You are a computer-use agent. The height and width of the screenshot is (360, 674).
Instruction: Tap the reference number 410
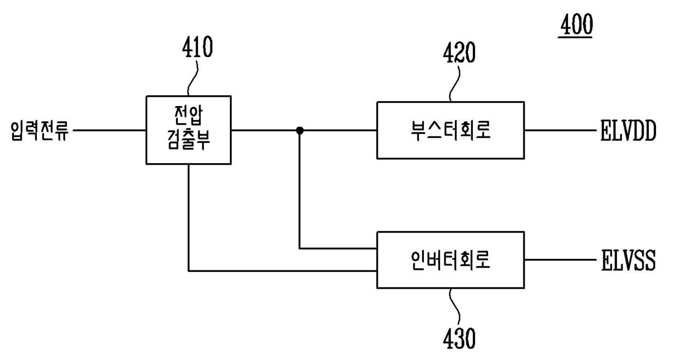point(197,48)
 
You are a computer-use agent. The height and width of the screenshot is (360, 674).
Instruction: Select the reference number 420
point(459,53)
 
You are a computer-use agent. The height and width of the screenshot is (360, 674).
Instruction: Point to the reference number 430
point(459,339)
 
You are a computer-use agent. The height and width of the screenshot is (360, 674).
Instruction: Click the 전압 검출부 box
point(189,130)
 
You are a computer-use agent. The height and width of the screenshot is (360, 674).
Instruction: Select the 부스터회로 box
point(451,130)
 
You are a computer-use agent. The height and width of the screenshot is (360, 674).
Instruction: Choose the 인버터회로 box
point(451,259)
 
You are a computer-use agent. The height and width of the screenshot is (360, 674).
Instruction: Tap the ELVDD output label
point(628,131)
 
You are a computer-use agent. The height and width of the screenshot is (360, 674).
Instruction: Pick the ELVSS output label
point(628,260)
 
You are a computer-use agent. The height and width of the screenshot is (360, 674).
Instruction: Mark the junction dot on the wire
point(299,131)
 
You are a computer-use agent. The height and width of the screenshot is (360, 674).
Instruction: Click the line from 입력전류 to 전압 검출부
point(109,131)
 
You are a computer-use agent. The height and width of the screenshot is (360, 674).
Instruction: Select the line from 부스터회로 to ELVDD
point(559,131)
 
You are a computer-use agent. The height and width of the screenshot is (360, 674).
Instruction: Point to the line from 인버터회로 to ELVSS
point(559,260)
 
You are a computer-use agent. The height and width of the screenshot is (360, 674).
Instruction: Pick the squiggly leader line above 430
point(455,307)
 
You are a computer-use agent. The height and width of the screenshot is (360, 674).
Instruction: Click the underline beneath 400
point(576,38)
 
